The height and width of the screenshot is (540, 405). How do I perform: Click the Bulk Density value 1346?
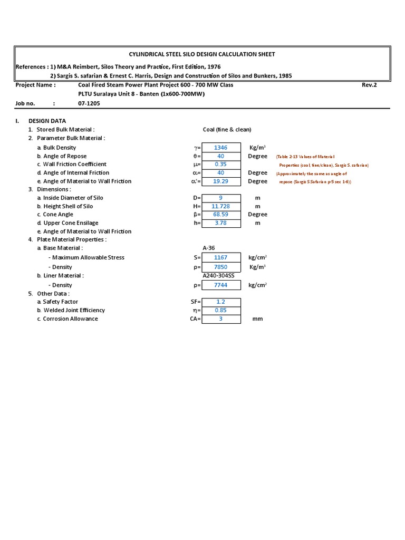(221, 148)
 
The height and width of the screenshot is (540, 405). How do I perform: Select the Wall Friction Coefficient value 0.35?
(221, 165)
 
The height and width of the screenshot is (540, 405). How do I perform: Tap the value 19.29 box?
(221, 181)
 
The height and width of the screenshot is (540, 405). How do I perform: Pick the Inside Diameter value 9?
(221, 198)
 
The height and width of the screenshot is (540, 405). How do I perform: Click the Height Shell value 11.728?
(221, 207)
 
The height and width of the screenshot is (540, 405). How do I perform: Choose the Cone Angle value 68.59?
(221, 215)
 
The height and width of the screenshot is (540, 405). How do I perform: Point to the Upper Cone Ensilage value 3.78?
(221, 223)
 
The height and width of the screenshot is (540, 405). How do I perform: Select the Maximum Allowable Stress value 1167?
(221, 258)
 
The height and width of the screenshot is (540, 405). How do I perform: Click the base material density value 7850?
(221, 267)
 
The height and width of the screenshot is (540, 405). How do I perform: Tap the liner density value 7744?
(221, 285)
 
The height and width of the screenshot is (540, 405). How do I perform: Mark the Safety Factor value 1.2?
(221, 302)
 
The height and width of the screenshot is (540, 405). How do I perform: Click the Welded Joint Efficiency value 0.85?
(221, 311)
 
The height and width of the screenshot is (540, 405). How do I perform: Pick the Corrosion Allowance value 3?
(221, 319)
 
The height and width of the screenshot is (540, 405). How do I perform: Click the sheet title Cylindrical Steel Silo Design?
(202, 54)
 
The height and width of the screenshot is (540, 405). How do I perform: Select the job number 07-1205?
(89, 104)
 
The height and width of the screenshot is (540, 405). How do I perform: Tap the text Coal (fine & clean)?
(227, 130)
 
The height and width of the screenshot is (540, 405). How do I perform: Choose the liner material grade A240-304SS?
(218, 276)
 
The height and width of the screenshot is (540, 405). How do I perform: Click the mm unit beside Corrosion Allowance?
(257, 319)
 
